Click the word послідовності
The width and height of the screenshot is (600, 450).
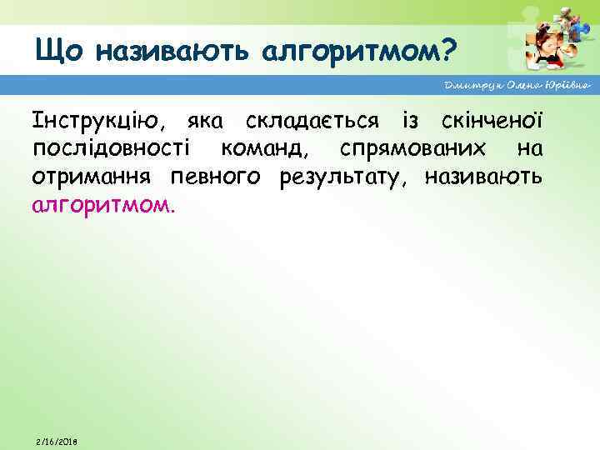point(112,150)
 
